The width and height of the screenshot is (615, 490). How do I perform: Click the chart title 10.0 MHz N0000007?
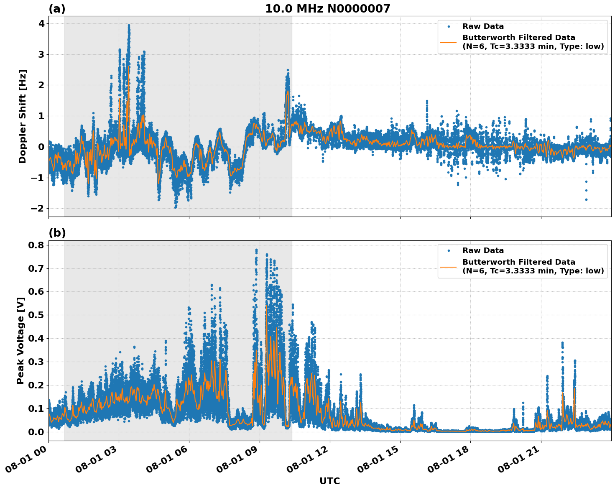[327, 9]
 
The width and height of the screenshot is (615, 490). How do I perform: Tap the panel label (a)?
[57, 9]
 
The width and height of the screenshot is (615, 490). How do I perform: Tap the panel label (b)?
[57, 233]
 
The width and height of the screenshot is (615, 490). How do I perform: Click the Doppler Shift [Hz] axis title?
[23, 116]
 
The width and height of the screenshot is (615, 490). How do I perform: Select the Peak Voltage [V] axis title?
[20, 340]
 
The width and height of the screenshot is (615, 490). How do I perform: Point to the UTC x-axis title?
[329, 481]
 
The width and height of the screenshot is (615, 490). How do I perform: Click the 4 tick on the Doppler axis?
[41, 24]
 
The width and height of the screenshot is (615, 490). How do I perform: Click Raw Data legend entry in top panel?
[483, 26]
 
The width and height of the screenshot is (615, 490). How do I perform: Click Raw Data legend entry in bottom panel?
[483, 250]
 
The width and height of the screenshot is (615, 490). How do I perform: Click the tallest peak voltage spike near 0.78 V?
[256, 250]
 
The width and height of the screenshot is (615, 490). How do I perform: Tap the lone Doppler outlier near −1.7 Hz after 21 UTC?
[586, 199]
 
